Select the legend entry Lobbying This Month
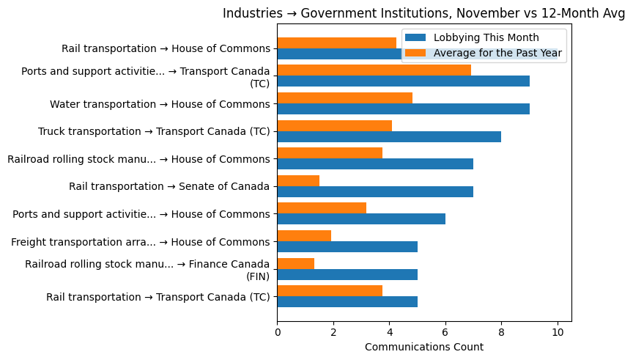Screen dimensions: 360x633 486,38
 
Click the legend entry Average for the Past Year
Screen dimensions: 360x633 497,53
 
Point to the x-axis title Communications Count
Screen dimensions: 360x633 423,347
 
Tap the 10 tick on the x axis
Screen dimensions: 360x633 558,332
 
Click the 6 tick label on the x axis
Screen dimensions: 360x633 445,332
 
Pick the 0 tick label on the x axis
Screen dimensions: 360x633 278,332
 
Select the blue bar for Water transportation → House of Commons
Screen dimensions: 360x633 403,109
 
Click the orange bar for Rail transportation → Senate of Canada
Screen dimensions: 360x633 298,180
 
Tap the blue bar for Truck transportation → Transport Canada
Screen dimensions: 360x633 389,136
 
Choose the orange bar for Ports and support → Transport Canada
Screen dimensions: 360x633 374,70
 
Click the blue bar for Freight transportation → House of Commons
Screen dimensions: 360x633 347,247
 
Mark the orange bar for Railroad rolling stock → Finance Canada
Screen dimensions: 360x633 296,263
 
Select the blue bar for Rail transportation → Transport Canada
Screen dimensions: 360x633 347,301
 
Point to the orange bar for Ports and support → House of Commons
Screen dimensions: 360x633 322,208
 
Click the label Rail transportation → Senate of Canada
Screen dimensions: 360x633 169,187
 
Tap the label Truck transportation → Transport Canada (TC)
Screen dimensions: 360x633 154,132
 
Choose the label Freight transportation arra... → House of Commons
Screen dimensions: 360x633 141,242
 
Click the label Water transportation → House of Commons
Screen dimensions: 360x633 160,104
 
